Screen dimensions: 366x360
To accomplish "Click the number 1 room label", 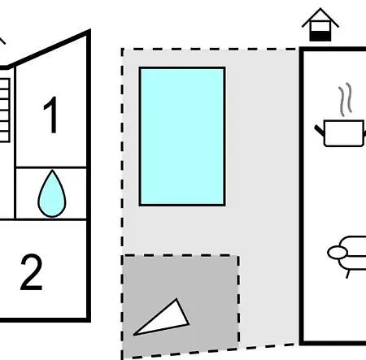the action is click(51, 115).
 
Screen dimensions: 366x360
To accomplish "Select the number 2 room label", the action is click(31, 272).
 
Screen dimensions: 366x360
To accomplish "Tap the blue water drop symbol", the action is click(52, 194).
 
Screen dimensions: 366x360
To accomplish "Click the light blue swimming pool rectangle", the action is click(182, 137).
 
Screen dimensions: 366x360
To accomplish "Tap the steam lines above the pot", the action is click(345, 99).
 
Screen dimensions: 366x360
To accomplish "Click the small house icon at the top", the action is click(320, 24).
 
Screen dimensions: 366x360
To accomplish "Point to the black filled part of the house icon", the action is click(320, 36).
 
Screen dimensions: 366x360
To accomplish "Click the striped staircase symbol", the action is click(5, 111).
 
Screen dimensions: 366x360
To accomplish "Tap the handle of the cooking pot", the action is click(320, 130).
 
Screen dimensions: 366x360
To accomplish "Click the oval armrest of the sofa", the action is click(337, 253).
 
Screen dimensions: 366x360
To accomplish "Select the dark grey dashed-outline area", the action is click(181, 306).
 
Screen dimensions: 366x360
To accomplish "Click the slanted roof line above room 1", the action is click(49, 49).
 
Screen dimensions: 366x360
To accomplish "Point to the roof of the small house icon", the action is click(320, 17).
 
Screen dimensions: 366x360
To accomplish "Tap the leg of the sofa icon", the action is click(348, 274).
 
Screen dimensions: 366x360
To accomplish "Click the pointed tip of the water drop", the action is click(52, 171).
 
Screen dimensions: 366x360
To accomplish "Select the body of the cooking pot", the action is click(344, 133).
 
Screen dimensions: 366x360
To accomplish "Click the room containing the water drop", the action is click(51, 193).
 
